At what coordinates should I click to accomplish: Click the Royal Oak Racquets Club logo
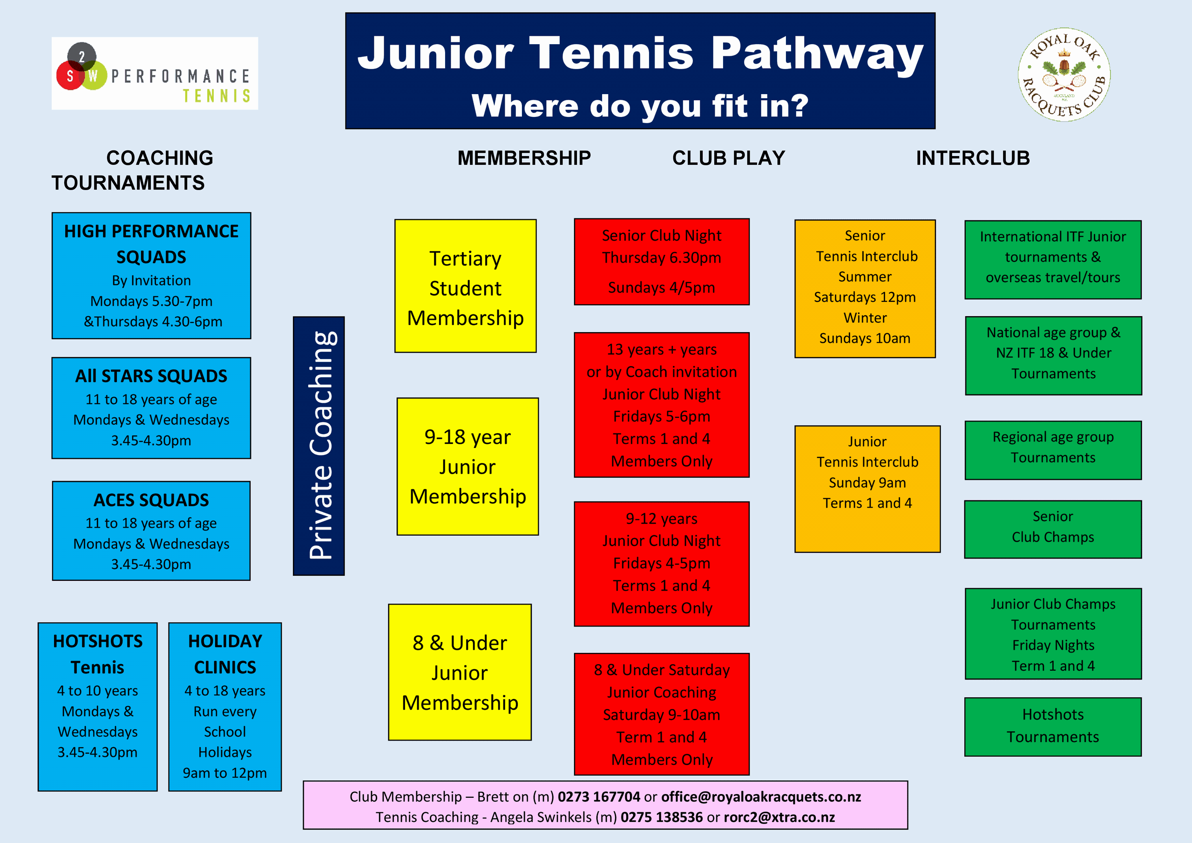click(1064, 74)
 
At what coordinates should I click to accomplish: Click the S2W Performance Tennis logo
click(154, 73)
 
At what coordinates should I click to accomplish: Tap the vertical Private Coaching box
click(319, 446)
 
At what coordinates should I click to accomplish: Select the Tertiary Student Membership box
click(465, 286)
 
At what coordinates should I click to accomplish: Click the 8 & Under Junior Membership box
click(460, 672)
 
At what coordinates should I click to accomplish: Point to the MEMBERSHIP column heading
click(524, 158)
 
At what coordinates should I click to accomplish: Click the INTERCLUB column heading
click(972, 158)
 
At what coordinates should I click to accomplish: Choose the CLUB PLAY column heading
click(728, 158)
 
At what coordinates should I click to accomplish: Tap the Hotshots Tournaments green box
click(1052, 726)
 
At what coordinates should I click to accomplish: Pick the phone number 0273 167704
click(599, 797)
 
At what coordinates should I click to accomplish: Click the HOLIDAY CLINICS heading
click(225, 654)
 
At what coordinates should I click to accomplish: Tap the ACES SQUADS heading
click(151, 500)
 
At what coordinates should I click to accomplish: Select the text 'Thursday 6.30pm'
click(661, 258)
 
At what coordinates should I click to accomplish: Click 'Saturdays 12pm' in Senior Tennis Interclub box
click(864, 297)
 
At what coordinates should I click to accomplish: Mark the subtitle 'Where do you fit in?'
click(640, 106)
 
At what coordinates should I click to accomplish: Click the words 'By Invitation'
click(151, 280)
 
